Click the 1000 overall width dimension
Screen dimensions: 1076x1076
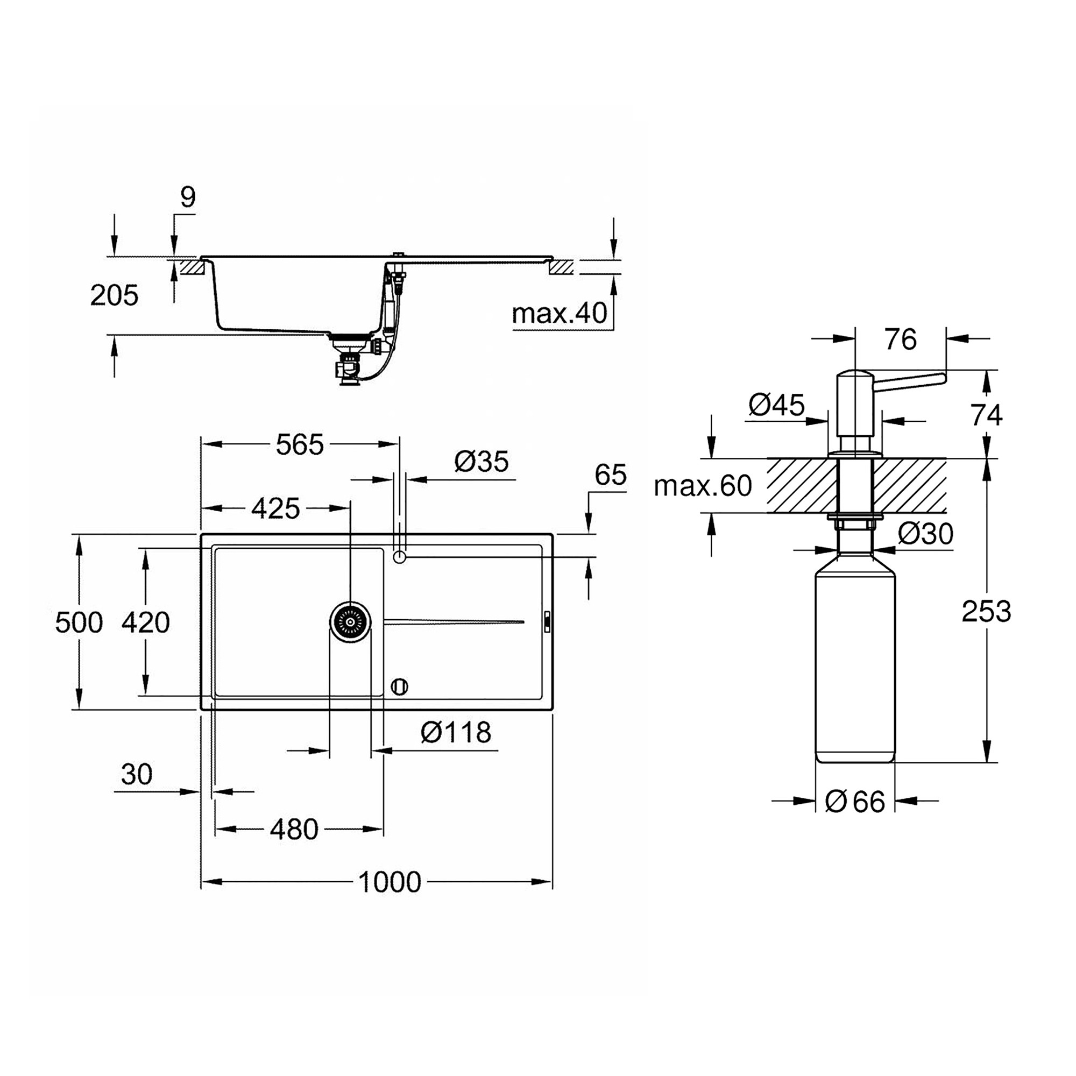390,882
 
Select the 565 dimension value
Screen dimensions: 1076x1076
300,444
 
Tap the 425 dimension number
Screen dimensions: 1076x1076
275,508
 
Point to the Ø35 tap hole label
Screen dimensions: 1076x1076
481,462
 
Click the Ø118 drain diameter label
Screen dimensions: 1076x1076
456,732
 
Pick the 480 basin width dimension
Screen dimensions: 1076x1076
294,829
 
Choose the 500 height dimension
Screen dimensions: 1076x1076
79,622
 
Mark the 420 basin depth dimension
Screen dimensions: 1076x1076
145,622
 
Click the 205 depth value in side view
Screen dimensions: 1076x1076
114,295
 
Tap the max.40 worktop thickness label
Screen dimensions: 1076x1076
559,314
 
